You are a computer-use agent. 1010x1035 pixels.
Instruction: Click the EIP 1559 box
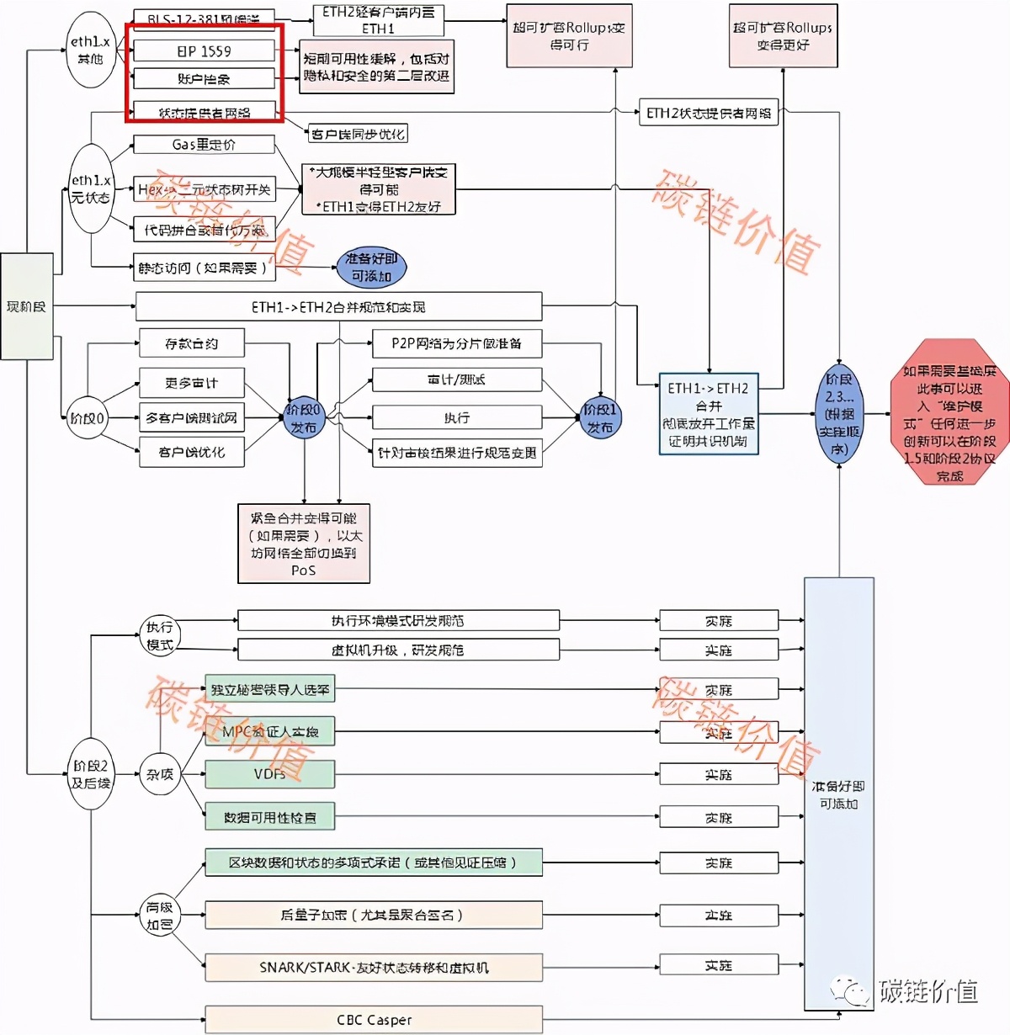[204, 51]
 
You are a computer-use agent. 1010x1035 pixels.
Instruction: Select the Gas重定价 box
[204, 145]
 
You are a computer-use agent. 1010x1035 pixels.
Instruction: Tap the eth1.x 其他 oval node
[90, 50]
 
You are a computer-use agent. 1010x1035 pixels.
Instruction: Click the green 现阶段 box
[27, 306]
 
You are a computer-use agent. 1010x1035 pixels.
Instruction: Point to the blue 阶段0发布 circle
[303, 418]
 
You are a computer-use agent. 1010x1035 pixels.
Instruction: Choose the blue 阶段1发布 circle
[599, 418]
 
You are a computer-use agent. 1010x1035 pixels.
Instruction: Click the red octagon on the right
[949, 411]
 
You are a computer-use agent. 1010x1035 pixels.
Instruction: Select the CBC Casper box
[374, 1020]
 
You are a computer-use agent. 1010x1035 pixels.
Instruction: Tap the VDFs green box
[269, 774]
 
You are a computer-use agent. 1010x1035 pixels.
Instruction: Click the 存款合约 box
[191, 343]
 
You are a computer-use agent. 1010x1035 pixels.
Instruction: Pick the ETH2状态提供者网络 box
[708, 113]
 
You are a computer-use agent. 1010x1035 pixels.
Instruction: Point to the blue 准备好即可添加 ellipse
[371, 268]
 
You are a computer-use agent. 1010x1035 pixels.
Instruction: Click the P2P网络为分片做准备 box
[456, 343]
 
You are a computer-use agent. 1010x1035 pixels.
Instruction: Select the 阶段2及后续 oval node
[91, 774]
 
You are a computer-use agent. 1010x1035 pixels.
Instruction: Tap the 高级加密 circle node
[159, 916]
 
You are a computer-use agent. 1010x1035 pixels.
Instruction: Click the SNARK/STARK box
[374, 968]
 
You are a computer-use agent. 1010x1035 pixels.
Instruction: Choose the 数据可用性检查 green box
[269, 817]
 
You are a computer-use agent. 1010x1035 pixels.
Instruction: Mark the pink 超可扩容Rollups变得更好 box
[783, 36]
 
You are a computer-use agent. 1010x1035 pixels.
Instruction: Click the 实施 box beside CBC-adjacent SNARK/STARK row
[719, 966]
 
